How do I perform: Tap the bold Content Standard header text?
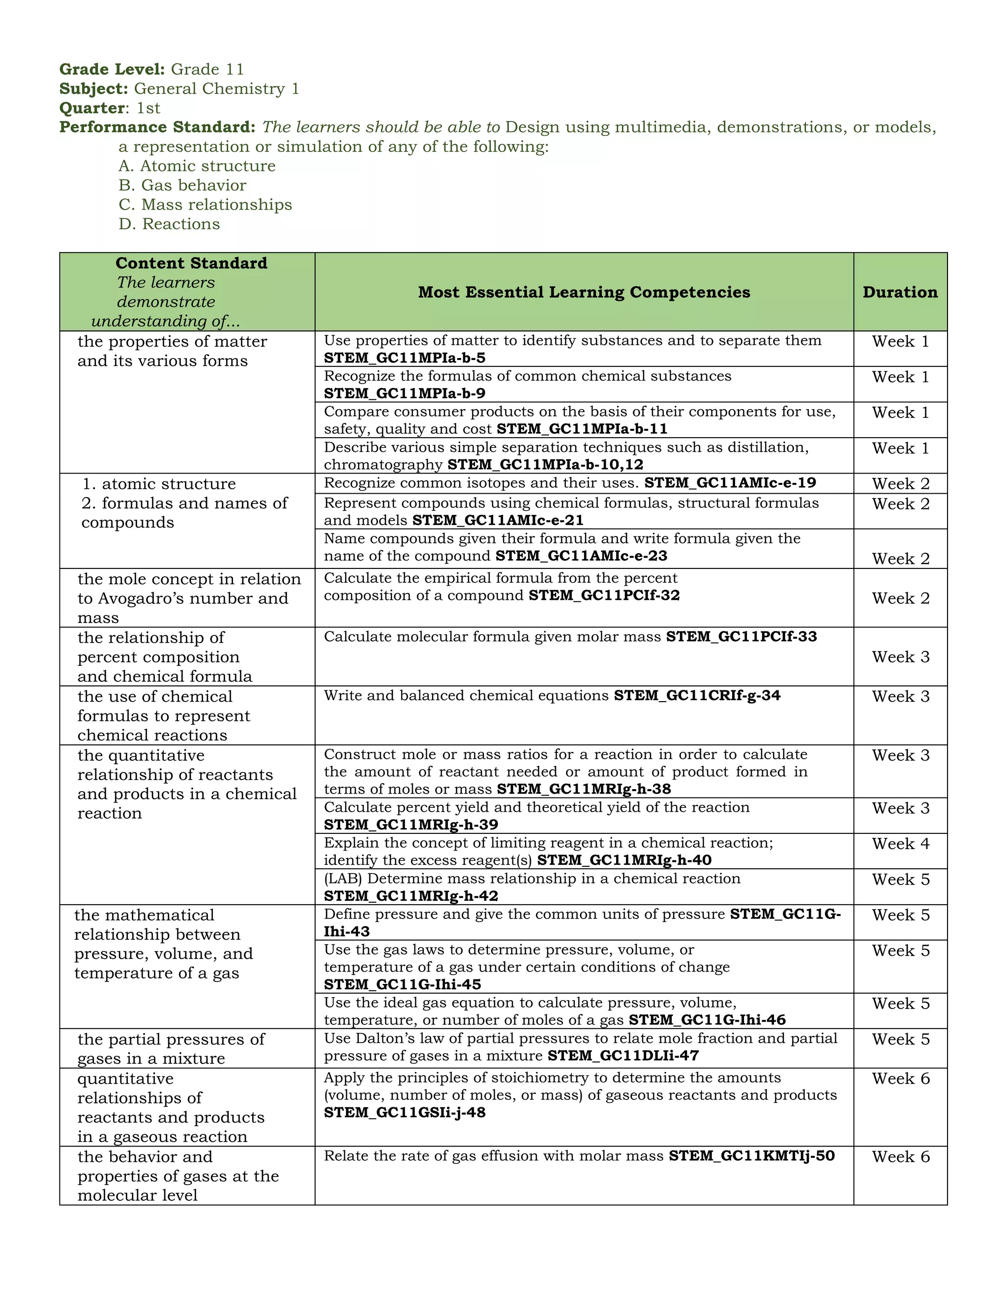pyautogui.click(x=191, y=263)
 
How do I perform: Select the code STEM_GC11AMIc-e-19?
pyautogui.click(x=730, y=483)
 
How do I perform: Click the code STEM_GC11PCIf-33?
pyautogui.click(x=741, y=637)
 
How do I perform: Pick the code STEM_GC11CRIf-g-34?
pyautogui.click(x=697, y=696)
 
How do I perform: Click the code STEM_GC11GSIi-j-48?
pyautogui.click(x=405, y=1112)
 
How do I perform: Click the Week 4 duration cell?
pyautogui.click(x=900, y=844)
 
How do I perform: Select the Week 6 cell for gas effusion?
pyautogui.click(x=900, y=1156)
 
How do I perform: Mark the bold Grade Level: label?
pyautogui.click(x=112, y=69)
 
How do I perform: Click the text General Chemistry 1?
pyautogui.click(x=216, y=89)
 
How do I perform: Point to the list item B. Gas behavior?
pyautogui.click(x=182, y=185)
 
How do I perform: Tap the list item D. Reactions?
pyautogui.click(x=169, y=224)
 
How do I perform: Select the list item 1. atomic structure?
pyautogui.click(x=159, y=484)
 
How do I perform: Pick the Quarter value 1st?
pyautogui.click(x=148, y=108)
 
